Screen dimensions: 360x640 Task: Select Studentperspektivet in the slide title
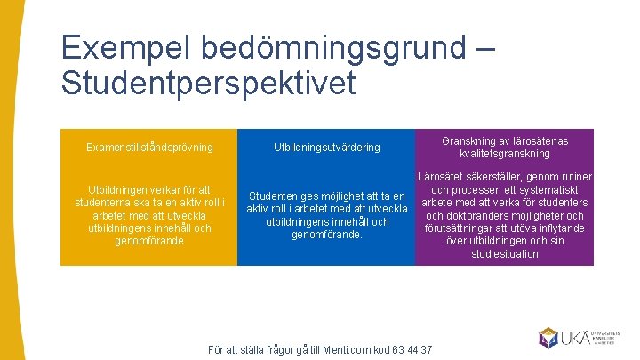point(209,83)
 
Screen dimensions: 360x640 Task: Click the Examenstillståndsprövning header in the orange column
point(149,147)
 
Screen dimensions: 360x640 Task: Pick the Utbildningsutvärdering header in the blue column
point(326,147)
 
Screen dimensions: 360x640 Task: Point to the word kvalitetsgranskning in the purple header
point(505,154)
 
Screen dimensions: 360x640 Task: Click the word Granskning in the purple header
point(471,140)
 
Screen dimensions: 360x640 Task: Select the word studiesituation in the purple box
point(505,254)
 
